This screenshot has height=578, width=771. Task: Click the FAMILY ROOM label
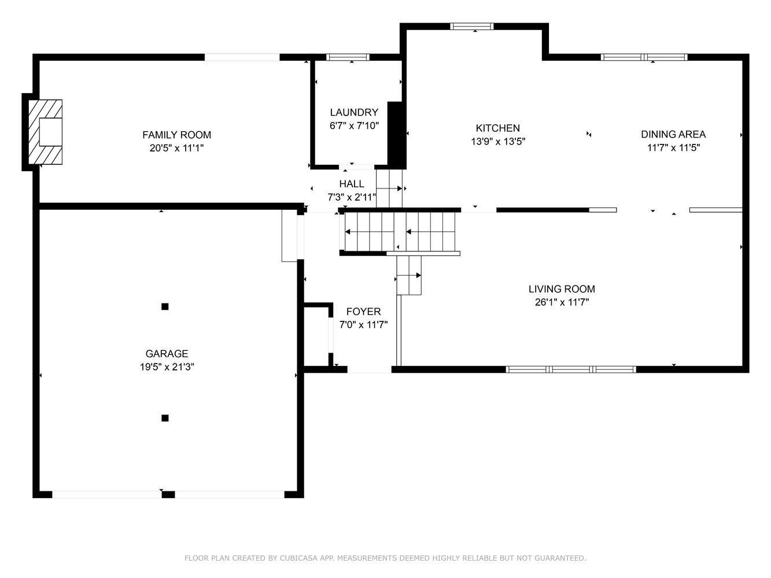(176, 135)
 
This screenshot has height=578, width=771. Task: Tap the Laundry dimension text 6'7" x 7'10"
(354, 125)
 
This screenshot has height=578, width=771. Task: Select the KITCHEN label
(498, 128)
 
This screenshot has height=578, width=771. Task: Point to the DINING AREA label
(673, 135)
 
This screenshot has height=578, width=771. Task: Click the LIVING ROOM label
(562, 289)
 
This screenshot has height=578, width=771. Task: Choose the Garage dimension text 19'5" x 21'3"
(167, 367)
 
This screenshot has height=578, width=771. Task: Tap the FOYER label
(363, 312)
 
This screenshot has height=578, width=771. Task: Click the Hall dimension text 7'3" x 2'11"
(352, 197)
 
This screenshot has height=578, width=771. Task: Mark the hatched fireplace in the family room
(45, 132)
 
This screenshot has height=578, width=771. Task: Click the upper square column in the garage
(165, 307)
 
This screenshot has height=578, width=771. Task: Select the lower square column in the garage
(165, 418)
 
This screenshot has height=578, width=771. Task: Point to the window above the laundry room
(348, 57)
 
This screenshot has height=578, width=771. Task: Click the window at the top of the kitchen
(472, 27)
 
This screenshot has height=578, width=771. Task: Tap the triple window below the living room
(571, 369)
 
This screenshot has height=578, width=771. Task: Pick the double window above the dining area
(644, 57)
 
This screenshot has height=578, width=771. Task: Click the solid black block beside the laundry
(397, 135)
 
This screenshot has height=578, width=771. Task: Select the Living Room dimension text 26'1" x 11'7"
(562, 302)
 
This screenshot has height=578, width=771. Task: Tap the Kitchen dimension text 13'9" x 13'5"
(498, 142)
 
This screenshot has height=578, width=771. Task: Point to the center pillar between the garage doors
(168, 494)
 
